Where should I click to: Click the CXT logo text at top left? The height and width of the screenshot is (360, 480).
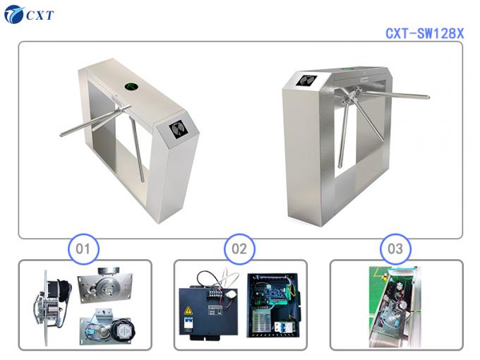pyautogui.click(x=40, y=15)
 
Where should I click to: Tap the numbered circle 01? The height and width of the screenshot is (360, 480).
pyautogui.click(x=84, y=248)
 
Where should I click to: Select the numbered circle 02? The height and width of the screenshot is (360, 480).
pyautogui.click(x=239, y=248)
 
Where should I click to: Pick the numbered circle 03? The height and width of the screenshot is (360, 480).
pyautogui.click(x=395, y=248)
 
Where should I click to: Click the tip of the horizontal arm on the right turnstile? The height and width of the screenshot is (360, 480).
pyautogui.click(x=426, y=97)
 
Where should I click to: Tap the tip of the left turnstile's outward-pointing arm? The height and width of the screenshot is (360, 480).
pyautogui.click(x=61, y=135)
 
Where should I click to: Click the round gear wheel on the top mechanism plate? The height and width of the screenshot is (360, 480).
pyautogui.click(x=107, y=284)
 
